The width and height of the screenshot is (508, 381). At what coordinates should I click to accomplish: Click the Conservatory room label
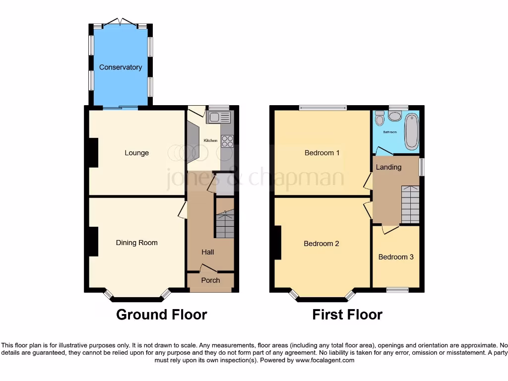pyautogui.click(x=120, y=67)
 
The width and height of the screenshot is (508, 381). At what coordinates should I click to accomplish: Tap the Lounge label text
pyautogui.click(x=136, y=153)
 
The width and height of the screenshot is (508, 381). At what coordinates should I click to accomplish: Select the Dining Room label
pyautogui.click(x=136, y=243)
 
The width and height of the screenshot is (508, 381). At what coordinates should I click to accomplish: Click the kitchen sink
pyautogui.click(x=219, y=118)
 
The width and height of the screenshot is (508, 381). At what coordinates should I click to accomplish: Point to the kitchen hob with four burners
pyautogui.click(x=227, y=141)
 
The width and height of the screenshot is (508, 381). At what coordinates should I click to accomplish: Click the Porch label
pyautogui.click(x=210, y=280)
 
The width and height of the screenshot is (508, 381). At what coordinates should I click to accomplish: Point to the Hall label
pyautogui.click(x=208, y=252)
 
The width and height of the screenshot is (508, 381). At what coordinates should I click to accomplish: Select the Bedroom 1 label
pyautogui.click(x=322, y=153)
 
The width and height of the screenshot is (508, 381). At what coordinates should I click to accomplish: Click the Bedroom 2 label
pyautogui.click(x=321, y=244)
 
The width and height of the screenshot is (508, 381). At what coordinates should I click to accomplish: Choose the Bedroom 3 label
pyautogui.click(x=396, y=257)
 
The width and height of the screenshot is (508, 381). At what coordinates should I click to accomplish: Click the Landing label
pyautogui.click(x=388, y=167)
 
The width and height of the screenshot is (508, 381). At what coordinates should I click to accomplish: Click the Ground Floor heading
pyautogui.click(x=161, y=315)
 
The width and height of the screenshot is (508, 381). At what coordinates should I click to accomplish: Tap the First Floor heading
pyautogui.click(x=347, y=315)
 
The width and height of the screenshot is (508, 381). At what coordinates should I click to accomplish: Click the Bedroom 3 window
pyautogui.click(x=397, y=290)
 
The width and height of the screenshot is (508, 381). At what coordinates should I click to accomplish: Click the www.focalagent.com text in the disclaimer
pyautogui.click(x=324, y=361)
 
